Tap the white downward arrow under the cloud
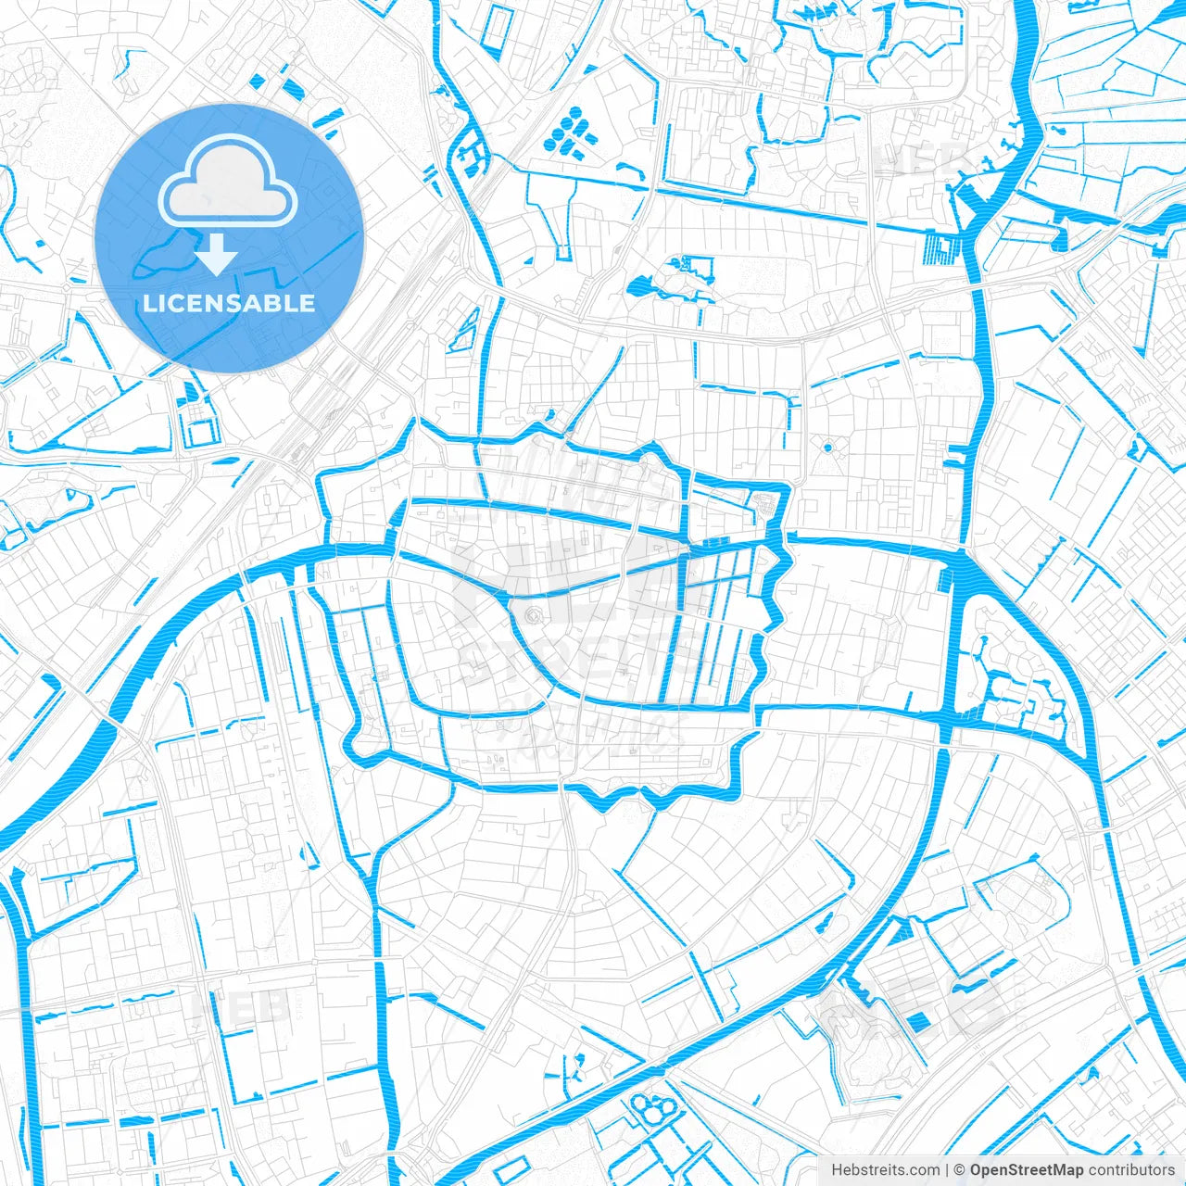pyautogui.click(x=217, y=255)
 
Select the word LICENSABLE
pyautogui.click(x=229, y=304)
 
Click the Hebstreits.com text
pyautogui.click(x=885, y=1170)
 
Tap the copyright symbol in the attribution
pyautogui.click(x=960, y=1170)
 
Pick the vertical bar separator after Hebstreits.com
pyautogui.click(x=947, y=1170)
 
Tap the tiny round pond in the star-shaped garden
pyautogui.click(x=827, y=448)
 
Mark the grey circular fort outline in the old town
pyautogui.click(x=534, y=615)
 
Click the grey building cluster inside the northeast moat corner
pyautogui.click(x=766, y=504)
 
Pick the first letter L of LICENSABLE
pyautogui.click(x=149, y=304)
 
